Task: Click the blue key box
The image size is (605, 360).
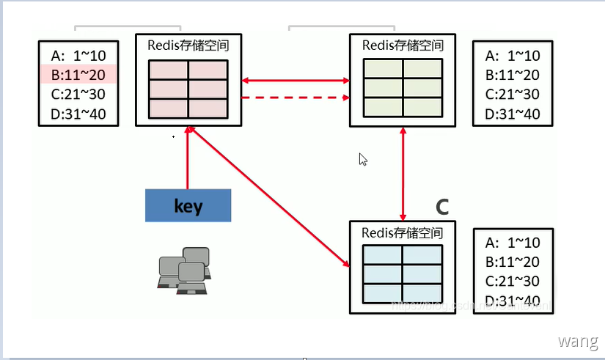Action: (188, 205)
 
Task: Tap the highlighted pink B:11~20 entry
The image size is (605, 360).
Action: (78, 75)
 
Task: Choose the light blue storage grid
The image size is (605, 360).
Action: (403, 271)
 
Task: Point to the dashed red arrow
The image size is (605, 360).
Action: (295, 98)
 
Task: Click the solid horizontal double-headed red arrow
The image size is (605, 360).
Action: (295, 79)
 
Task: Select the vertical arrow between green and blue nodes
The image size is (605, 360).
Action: (403, 172)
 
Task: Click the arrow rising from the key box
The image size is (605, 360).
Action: (188, 158)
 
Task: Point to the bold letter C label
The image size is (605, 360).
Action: (441, 207)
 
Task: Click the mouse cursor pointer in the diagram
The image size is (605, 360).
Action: (362, 159)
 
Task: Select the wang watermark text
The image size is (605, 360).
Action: (578, 341)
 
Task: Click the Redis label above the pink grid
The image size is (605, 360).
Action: (188, 45)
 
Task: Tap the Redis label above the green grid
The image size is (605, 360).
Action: (403, 45)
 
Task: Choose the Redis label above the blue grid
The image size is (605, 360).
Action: (403, 232)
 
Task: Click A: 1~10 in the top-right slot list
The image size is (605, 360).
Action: (513, 56)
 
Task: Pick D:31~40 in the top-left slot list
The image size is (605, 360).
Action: (78, 114)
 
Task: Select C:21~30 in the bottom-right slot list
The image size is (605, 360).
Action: (513, 282)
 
